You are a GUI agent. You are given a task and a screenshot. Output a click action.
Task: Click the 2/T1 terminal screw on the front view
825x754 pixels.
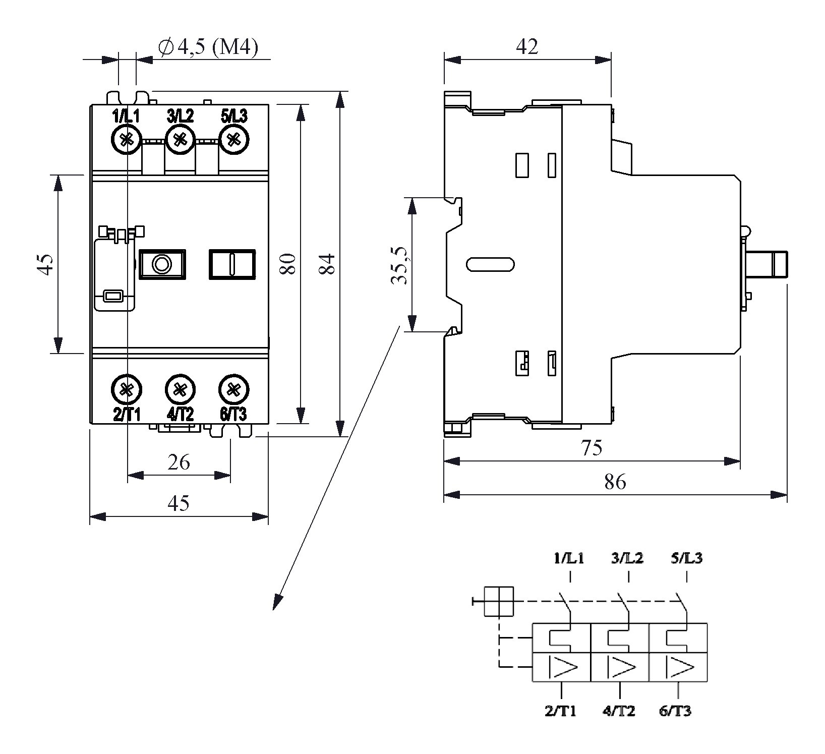[x=126, y=389]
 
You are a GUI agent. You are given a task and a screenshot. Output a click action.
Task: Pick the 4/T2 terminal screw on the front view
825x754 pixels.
[x=180, y=389]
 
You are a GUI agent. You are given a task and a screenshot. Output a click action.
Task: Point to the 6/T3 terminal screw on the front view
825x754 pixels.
[x=233, y=389]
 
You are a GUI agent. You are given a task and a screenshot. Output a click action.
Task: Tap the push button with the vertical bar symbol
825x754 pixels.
[x=232, y=264]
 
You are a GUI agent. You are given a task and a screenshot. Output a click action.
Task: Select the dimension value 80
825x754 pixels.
[x=287, y=263]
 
